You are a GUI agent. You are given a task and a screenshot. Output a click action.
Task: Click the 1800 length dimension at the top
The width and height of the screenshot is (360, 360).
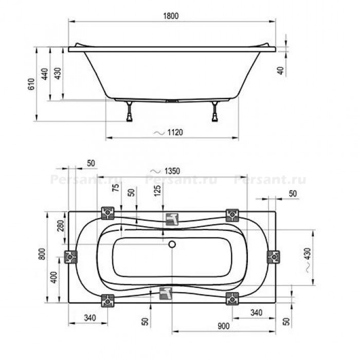[171, 16]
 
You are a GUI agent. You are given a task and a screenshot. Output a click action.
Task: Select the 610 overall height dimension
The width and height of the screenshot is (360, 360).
[31, 84]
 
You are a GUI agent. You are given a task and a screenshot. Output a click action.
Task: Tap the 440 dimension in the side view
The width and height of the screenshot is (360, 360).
[45, 74]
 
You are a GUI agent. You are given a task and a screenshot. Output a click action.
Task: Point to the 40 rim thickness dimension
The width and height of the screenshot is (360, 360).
[281, 70]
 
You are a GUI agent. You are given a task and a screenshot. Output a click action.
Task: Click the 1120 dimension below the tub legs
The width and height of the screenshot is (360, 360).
[175, 133]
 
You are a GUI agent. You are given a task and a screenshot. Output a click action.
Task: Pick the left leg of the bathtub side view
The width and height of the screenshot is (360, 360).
[130, 112]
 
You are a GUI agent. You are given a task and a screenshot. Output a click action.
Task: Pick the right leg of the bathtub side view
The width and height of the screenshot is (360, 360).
[215, 112]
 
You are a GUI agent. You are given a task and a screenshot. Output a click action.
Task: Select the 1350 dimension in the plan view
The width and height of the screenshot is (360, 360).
[172, 171]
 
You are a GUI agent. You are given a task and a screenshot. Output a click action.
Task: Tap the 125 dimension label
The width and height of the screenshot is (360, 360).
[157, 191]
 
